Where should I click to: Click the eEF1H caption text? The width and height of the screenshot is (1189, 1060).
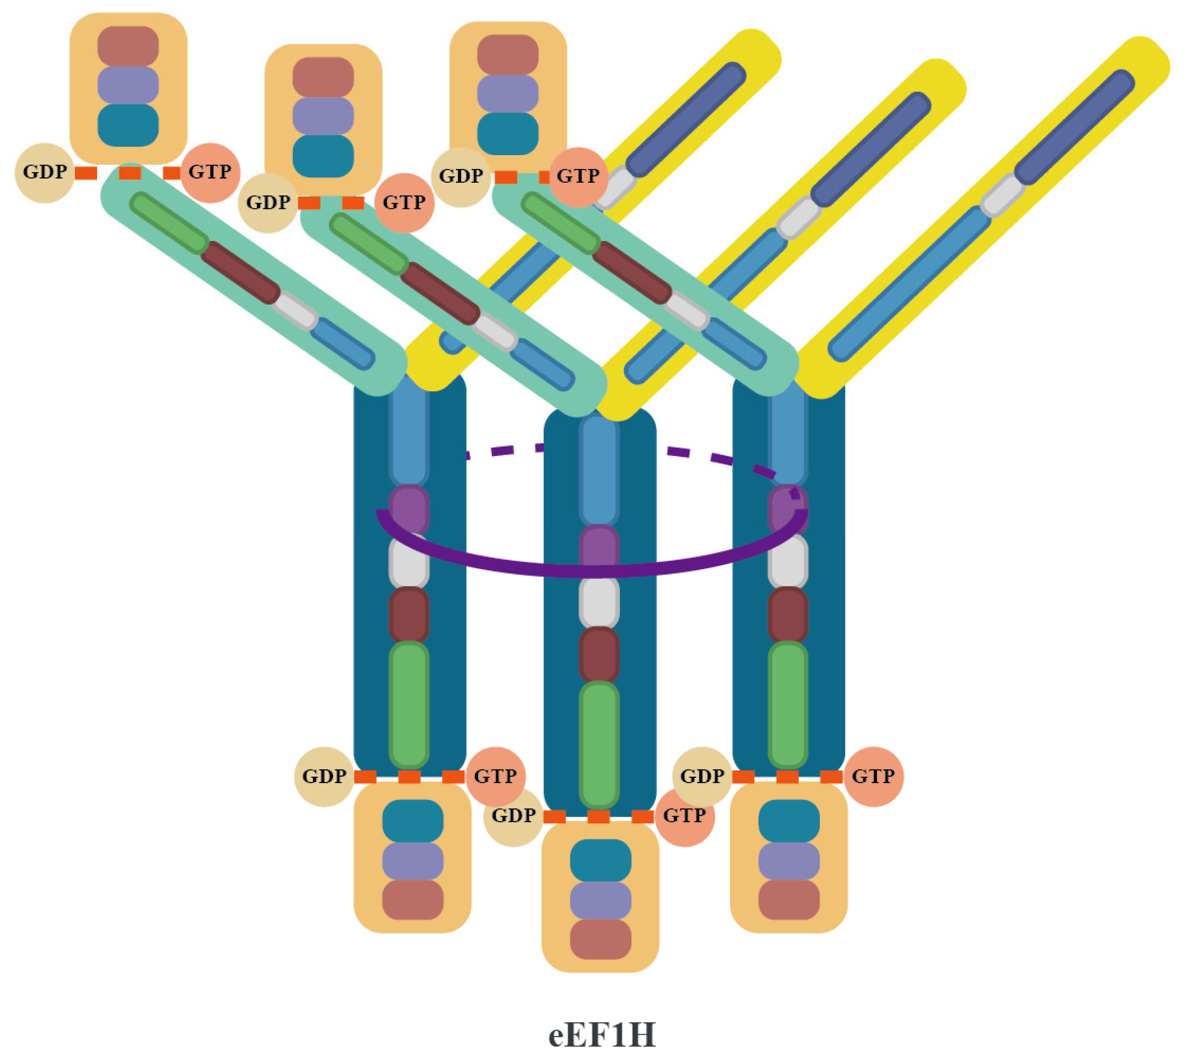point(601,1035)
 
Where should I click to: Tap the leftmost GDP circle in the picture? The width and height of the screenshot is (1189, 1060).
point(44,173)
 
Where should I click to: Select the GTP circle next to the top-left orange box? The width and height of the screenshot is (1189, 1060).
point(211,173)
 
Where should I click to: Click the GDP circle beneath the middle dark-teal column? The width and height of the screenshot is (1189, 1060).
point(513,816)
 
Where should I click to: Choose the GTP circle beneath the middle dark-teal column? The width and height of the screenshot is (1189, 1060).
point(685,816)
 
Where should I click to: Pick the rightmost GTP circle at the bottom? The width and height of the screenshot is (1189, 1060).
point(873,777)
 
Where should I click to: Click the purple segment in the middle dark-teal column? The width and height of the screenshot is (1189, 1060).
point(599,545)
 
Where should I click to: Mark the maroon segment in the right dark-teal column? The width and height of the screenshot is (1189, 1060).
point(788,615)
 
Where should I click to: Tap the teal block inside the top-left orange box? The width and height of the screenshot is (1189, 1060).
point(128,125)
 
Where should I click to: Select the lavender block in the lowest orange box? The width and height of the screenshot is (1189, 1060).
point(600,900)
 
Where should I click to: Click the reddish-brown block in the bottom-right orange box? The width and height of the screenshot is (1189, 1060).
point(788,899)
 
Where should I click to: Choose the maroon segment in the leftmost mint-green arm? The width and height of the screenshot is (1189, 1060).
point(240,273)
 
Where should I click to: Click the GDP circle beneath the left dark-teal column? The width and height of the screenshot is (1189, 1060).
point(324,777)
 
